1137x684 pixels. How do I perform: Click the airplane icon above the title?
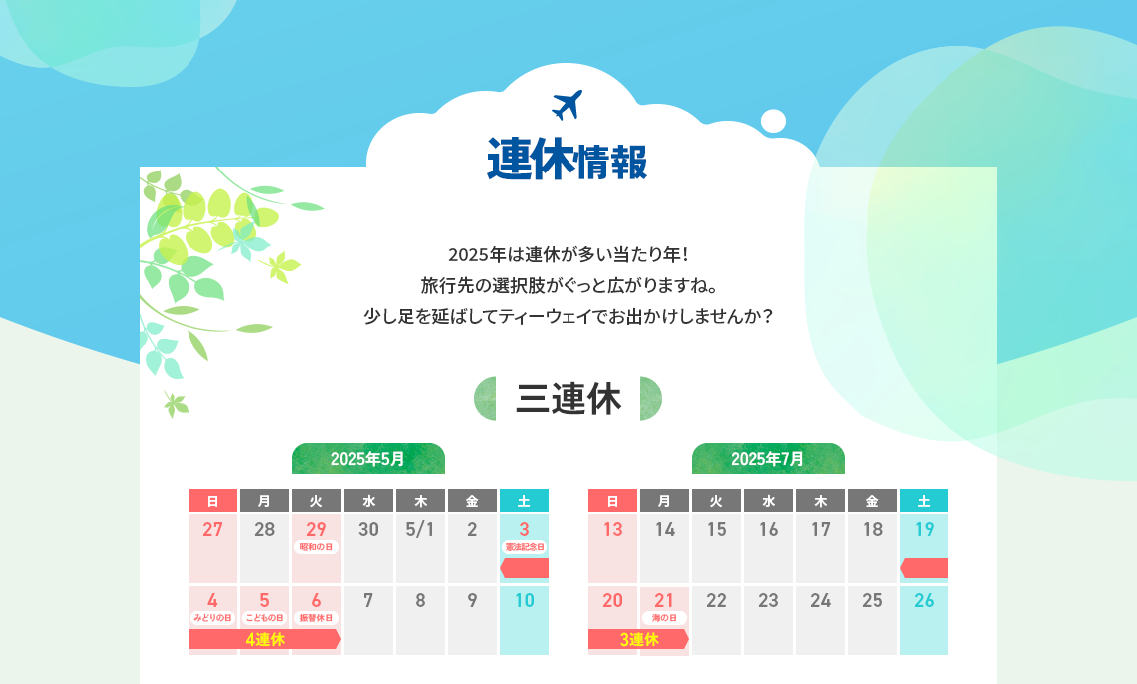568,105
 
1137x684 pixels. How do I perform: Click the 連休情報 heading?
568,160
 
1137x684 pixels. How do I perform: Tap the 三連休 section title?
568,399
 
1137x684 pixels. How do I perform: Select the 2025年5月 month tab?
368,458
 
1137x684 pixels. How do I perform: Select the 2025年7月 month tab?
768,458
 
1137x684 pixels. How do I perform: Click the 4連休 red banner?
264,639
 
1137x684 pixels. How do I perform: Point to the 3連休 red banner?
639,639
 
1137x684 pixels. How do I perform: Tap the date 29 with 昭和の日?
316,529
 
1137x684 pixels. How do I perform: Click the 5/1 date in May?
420,529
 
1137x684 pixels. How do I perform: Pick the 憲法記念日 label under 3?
525,547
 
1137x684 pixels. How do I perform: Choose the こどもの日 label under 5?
264,618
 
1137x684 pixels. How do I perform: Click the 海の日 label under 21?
664,618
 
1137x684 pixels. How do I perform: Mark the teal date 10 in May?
525,600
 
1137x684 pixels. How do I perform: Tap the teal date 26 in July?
924,600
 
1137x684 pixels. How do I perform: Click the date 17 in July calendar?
820,529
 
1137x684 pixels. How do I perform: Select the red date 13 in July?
612,529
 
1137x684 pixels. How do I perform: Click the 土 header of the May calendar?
524,500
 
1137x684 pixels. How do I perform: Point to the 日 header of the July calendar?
612,500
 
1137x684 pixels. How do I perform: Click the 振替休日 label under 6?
316,618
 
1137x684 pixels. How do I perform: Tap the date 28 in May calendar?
264,529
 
